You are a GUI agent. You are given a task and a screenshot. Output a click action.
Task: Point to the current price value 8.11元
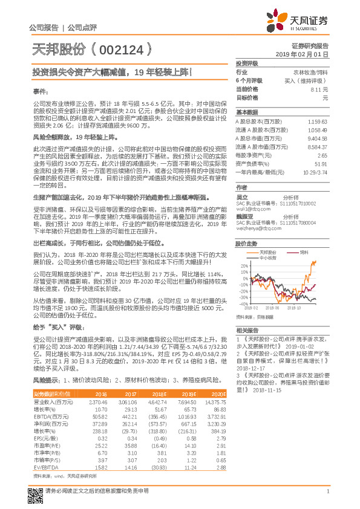(x=319, y=89)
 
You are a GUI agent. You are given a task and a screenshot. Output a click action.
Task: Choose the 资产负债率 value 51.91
(x=321, y=164)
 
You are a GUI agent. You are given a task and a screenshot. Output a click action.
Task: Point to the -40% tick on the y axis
(x=243, y=304)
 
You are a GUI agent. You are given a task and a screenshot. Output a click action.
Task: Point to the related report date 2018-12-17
(x=252, y=366)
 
